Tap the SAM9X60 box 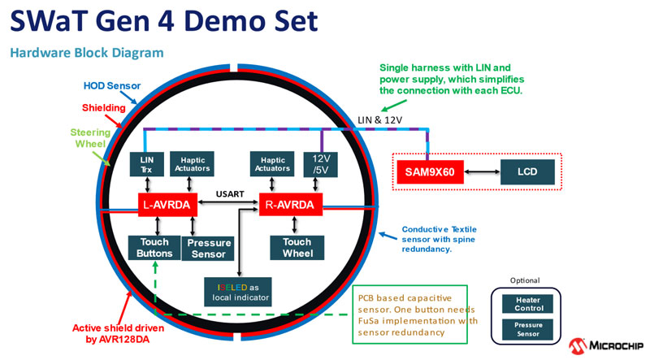[x=430, y=171]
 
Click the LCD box [x=528, y=171]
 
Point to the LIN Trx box [x=146, y=163]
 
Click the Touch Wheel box [x=297, y=247]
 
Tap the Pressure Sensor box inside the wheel [x=209, y=248]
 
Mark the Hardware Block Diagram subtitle [x=87, y=53]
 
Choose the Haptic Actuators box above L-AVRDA [x=193, y=163]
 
